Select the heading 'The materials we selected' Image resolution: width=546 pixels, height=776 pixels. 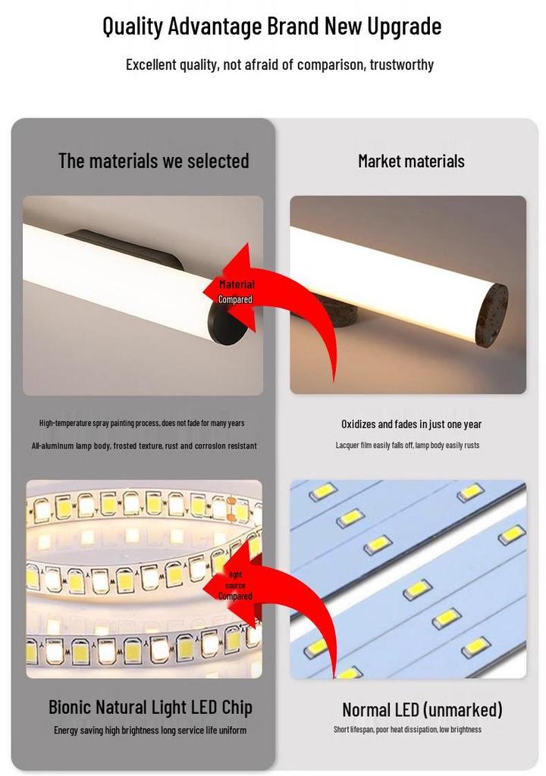[154, 161]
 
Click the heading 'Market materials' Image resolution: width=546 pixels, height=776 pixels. [411, 161]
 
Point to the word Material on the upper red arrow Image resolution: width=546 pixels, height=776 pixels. [237, 285]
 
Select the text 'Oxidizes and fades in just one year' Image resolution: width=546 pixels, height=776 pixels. [411, 424]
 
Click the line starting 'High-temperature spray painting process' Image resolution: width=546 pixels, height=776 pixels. [142, 423]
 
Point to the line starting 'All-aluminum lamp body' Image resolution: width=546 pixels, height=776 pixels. [144, 446]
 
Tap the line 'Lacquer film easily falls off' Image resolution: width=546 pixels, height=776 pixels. [408, 446]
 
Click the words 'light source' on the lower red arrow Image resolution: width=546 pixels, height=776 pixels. [235, 580]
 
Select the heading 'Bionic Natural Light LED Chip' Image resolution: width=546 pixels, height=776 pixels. [151, 707]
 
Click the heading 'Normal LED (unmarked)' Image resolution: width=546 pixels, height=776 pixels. [422, 709]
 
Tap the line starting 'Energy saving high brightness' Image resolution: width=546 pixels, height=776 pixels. [150, 731]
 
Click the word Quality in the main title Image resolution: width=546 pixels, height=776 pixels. [133, 27]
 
